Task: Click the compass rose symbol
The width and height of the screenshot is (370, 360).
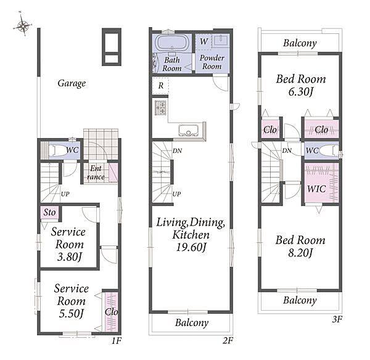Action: click(x=23, y=25)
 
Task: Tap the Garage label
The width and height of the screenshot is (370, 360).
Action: click(x=72, y=83)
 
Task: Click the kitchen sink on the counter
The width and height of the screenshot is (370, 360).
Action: click(x=189, y=131)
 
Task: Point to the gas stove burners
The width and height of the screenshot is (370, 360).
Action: click(x=160, y=108)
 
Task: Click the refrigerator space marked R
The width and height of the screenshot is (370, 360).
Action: click(x=160, y=86)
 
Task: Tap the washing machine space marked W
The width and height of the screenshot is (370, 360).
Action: click(x=203, y=41)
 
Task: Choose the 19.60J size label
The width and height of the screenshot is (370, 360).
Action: click(x=191, y=247)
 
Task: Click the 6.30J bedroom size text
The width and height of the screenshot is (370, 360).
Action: click(x=301, y=91)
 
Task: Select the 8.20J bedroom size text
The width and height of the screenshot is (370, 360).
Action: click(x=300, y=253)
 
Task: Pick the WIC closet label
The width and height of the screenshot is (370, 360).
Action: click(x=316, y=189)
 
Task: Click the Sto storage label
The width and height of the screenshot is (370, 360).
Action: click(x=49, y=212)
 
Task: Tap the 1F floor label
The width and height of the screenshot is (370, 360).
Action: click(x=117, y=341)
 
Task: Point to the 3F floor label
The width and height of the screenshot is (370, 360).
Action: click(x=337, y=319)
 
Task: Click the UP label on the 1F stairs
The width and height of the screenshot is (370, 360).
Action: click(x=65, y=194)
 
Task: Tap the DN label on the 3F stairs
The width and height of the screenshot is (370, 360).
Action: click(x=287, y=150)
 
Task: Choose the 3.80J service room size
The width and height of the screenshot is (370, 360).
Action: click(x=69, y=256)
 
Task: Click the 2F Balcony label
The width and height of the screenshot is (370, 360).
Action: click(x=192, y=323)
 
